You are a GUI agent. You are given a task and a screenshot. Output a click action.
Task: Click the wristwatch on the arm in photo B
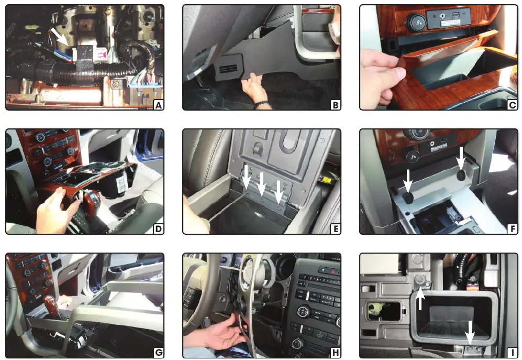click(260, 104)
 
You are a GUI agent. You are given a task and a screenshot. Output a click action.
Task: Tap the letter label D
click(157, 228)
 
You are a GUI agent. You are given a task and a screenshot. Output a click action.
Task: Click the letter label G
click(157, 353)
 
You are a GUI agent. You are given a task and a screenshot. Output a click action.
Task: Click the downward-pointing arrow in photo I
click(470, 332)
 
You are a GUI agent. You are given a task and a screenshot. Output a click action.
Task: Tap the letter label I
click(511, 353)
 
